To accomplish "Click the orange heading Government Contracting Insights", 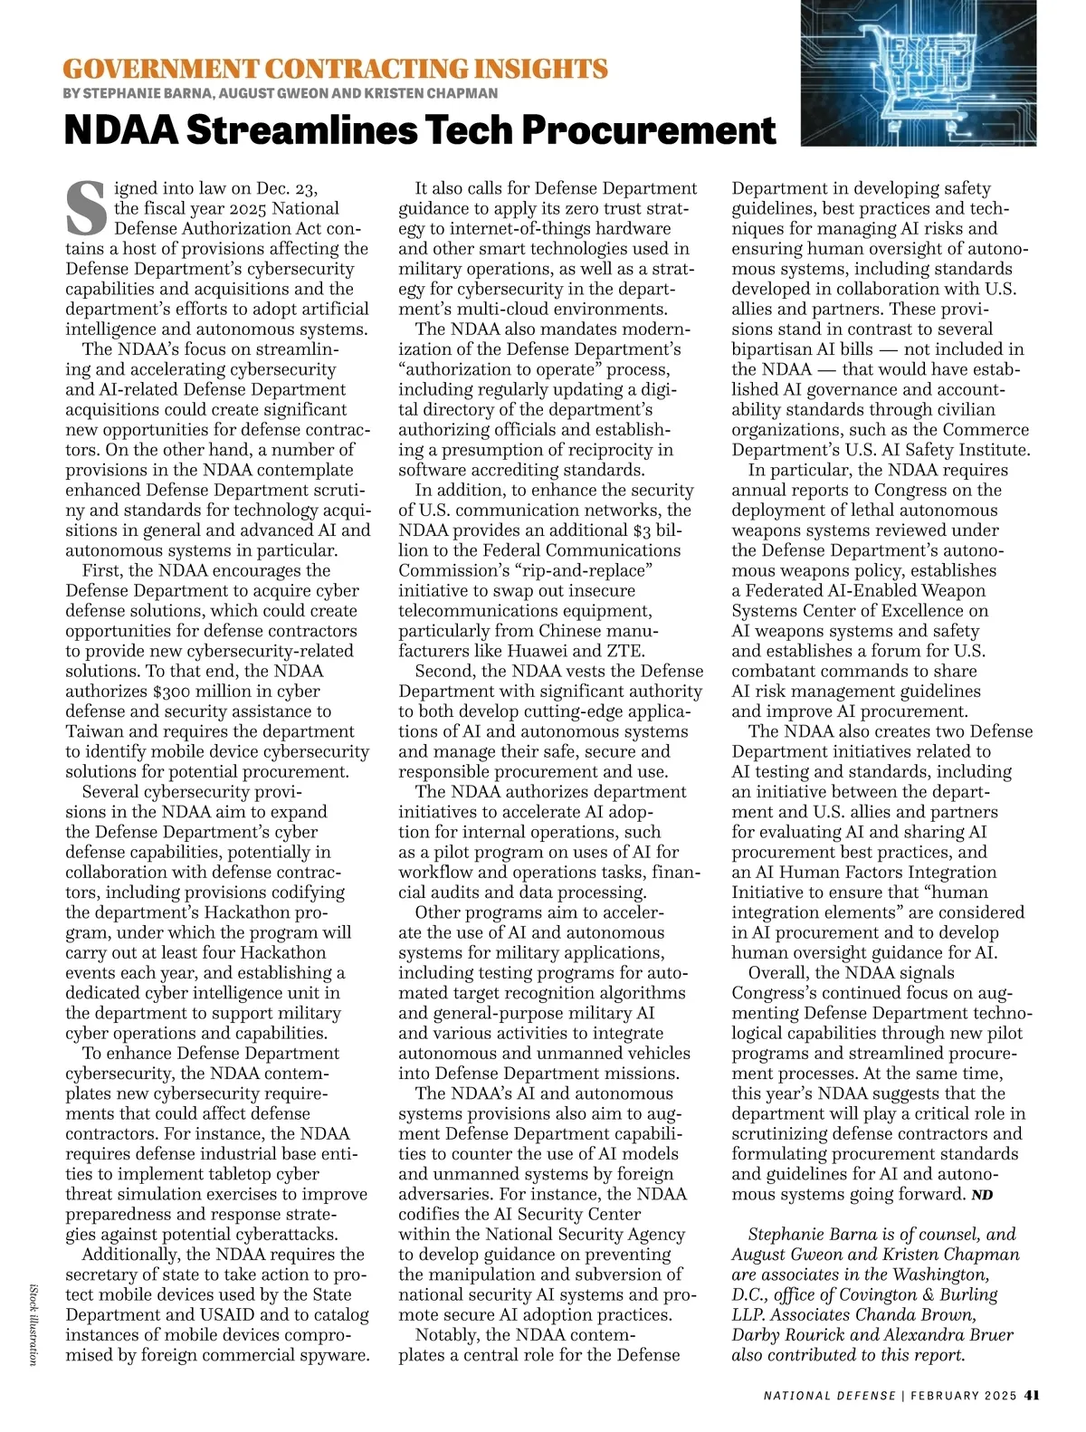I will pos(336,69).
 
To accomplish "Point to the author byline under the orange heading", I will pos(281,93).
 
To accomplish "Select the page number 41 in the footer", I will pos(1031,1395).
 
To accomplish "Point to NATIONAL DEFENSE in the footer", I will pos(829,1395).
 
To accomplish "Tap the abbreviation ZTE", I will pos(626,651).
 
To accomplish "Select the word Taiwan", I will pos(95,731).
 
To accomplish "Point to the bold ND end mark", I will pos(982,1195).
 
